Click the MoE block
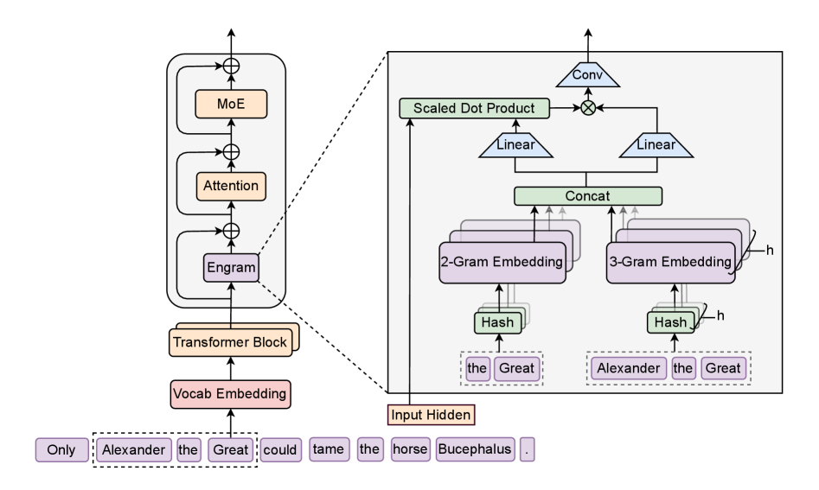click(x=230, y=105)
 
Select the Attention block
click(x=230, y=184)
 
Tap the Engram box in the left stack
click(x=230, y=268)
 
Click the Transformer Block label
click(x=230, y=340)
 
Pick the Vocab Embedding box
click(x=230, y=394)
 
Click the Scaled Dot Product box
click(x=473, y=109)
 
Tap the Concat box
click(x=588, y=196)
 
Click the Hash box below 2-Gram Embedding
click(x=496, y=322)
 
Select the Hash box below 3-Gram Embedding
click(x=669, y=322)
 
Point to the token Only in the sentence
click(x=62, y=450)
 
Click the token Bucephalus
click(x=476, y=450)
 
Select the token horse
click(x=406, y=450)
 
